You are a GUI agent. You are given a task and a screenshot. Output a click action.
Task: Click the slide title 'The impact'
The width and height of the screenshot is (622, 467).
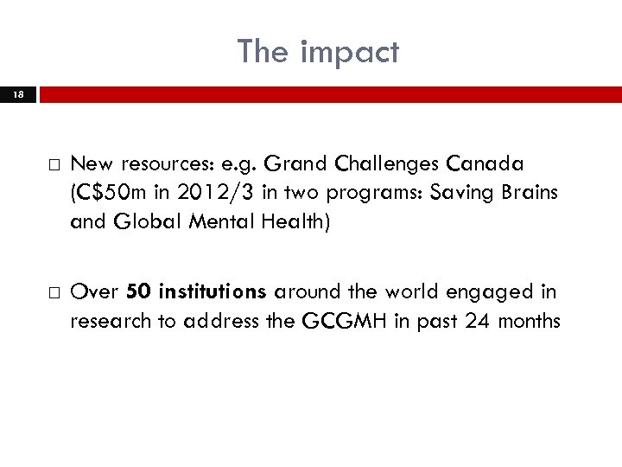319,52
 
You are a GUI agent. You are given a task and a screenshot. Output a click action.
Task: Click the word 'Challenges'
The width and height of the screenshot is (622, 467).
375,164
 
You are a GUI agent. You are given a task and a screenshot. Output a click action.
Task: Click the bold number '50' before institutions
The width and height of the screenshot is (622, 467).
137,292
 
